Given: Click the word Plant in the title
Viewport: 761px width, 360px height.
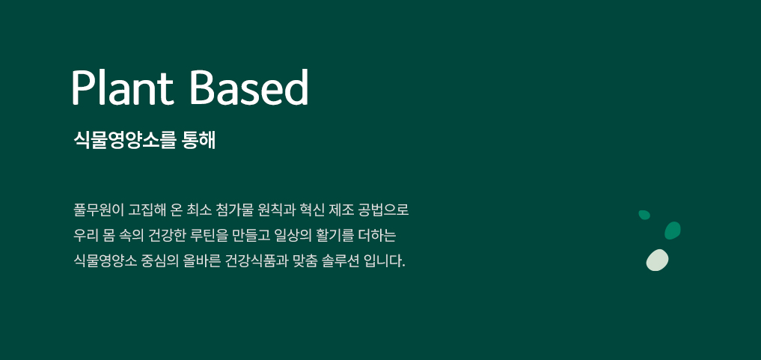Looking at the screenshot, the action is [123, 87].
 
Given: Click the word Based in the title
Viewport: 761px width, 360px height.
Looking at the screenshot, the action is [249, 87].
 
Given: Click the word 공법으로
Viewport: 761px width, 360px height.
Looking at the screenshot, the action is [384, 210].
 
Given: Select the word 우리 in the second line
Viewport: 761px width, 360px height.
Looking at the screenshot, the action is [85, 236].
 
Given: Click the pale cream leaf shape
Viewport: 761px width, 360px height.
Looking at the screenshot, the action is [657, 260].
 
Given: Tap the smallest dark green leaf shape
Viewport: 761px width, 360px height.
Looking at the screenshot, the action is [644, 215].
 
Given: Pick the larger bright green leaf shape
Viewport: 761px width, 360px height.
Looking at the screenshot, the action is [672, 231].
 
